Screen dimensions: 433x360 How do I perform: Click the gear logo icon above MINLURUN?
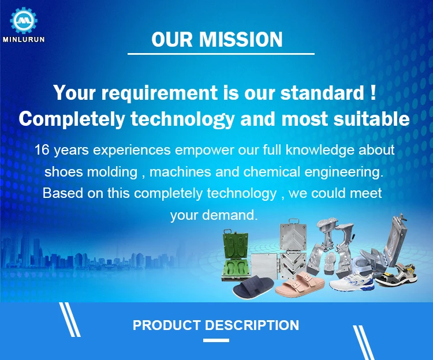(x=24, y=20)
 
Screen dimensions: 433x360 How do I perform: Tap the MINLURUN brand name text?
(x=24, y=39)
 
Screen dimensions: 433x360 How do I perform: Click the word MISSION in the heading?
(x=241, y=39)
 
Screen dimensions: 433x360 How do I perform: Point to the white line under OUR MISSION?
(x=221, y=54)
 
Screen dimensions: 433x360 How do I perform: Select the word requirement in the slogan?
(x=159, y=93)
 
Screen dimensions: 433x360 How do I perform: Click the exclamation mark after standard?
(x=373, y=92)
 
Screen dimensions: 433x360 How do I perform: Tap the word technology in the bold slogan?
(x=182, y=119)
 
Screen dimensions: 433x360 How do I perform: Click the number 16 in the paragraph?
(x=42, y=150)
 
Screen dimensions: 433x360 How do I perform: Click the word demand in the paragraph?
(x=230, y=215)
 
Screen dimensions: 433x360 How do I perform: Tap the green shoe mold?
(x=235, y=255)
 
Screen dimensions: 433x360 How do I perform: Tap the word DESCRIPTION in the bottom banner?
(x=252, y=325)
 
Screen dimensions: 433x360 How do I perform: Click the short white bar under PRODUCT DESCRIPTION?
(x=216, y=340)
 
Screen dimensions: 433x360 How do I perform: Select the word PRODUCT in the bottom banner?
(x=167, y=325)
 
